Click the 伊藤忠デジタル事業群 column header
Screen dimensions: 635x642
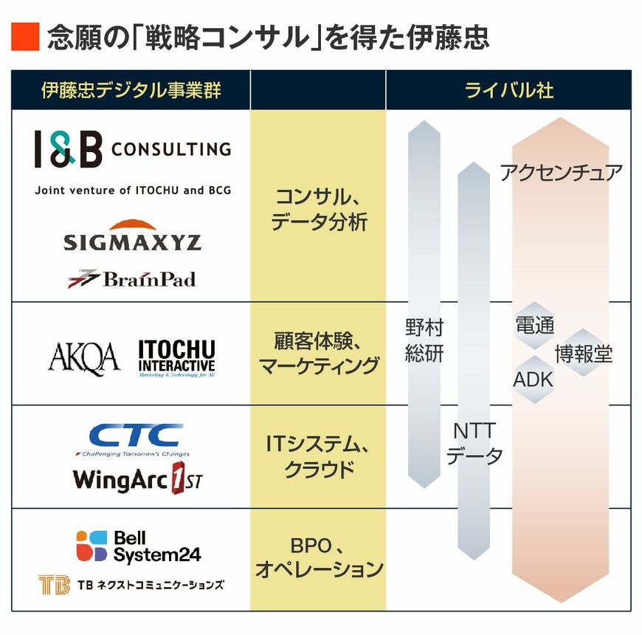(131, 91)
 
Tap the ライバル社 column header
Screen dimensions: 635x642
(508, 91)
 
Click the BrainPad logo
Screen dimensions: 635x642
(132, 279)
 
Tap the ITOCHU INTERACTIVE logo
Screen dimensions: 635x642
(176, 358)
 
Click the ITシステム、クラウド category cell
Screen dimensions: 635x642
(318, 456)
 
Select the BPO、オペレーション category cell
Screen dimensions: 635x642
(318, 558)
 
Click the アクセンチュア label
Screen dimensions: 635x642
(561, 173)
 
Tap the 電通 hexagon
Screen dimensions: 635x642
(534, 325)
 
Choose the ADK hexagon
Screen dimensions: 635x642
(533, 380)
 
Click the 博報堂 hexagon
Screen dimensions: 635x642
(583, 354)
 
